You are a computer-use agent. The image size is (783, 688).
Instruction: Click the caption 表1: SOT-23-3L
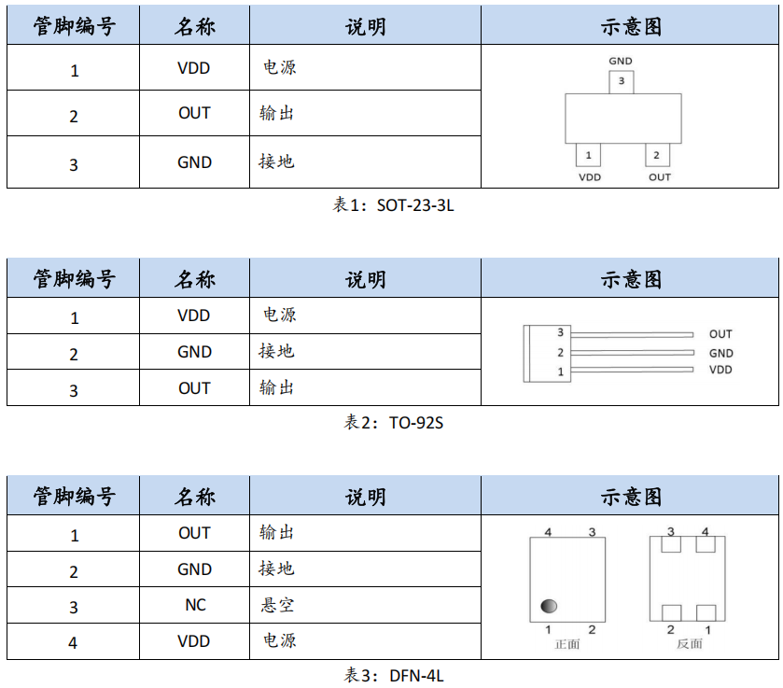(393, 205)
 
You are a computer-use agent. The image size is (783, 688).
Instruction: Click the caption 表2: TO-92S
(393, 423)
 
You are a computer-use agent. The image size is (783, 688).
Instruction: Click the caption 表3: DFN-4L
(393, 675)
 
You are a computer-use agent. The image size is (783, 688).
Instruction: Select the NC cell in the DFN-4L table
(194, 605)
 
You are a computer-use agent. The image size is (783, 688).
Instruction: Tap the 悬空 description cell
(277, 605)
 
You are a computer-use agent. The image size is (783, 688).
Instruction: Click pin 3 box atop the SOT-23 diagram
(621, 82)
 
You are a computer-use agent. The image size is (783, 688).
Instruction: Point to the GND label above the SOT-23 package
(621, 62)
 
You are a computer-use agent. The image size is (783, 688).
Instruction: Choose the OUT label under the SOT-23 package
(659, 177)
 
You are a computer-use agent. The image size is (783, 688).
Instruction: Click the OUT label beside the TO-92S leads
(720, 334)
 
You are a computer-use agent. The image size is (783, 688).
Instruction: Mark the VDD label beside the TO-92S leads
(720, 371)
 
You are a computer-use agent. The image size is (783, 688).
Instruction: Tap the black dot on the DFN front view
(548, 608)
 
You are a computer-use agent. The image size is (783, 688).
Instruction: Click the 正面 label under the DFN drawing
(567, 644)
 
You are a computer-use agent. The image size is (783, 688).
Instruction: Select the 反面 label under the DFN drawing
(690, 644)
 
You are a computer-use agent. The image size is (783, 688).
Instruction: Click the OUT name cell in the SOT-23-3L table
(194, 113)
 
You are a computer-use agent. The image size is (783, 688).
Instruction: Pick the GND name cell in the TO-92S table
(194, 352)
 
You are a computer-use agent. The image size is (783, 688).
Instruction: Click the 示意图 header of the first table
(630, 26)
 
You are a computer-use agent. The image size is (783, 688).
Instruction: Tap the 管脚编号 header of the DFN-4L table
(74, 496)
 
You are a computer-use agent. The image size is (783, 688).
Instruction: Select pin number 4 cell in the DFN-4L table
(74, 642)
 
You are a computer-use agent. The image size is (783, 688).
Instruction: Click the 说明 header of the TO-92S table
(365, 278)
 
